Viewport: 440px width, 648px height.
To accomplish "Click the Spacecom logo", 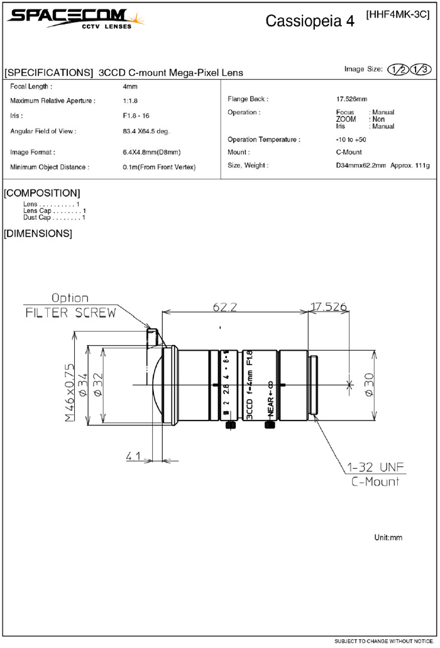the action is (75, 19).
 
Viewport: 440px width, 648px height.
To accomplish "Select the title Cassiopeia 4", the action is (310, 21).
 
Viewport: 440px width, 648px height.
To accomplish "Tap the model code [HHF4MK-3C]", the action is (398, 14).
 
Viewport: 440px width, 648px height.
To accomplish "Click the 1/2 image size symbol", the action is (398, 69).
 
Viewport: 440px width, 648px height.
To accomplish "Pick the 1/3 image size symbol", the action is (420, 69).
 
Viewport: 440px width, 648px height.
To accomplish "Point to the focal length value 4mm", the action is (130, 86).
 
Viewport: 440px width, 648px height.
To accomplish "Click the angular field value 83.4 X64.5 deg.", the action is (146, 131).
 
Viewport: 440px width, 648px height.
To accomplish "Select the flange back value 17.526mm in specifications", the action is (351, 99).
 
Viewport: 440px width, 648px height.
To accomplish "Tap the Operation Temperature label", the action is (263, 140).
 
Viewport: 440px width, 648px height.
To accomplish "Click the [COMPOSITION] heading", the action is (41, 193).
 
